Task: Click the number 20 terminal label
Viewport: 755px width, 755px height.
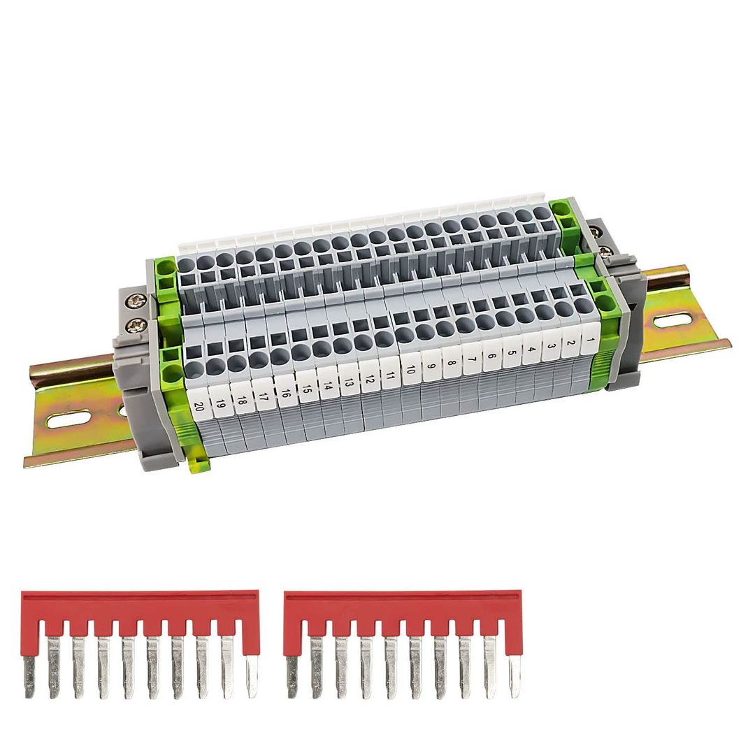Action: [x=199, y=406]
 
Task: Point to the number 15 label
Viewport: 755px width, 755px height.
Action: [x=306, y=388]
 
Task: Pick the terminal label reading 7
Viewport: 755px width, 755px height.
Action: [x=473, y=361]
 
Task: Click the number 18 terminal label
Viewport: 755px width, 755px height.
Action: [x=242, y=401]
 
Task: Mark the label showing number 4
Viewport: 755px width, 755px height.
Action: [x=531, y=351]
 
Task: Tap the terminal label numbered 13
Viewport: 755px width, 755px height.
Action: [x=347, y=381]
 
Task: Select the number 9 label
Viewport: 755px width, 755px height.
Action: [x=431, y=366]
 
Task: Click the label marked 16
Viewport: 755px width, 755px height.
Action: [x=285, y=392]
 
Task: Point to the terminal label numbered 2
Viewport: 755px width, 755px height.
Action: [x=571, y=345]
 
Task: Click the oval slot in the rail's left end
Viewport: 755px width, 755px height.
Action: [x=69, y=419]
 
